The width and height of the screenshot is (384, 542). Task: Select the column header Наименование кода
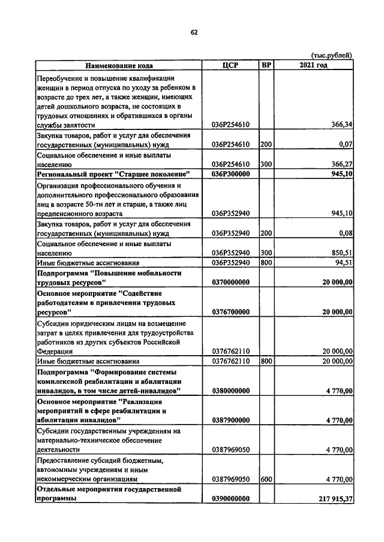tap(118, 65)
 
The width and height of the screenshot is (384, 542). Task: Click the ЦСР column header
tap(230, 65)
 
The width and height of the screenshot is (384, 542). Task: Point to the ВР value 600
tap(266, 479)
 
